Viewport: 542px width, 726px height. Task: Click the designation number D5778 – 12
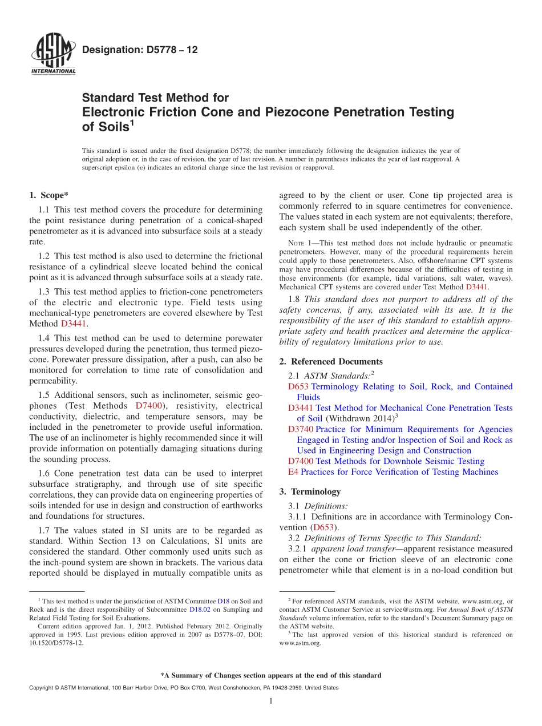click(140, 50)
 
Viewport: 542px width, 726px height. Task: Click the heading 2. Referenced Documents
click(331, 361)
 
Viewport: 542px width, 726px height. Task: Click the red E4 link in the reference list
click(293, 472)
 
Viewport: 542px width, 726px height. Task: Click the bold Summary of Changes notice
click(270, 675)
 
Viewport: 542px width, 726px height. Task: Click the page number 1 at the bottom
click(271, 701)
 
